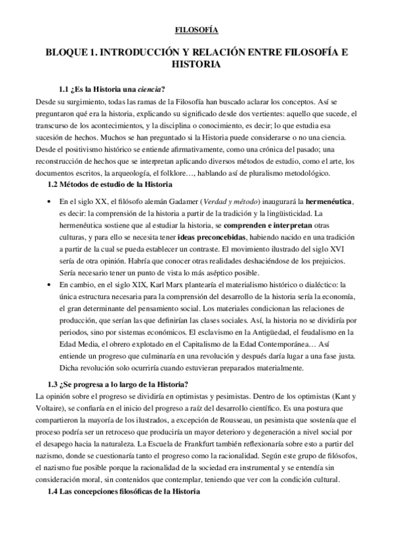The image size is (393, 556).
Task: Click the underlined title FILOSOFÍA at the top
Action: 197,30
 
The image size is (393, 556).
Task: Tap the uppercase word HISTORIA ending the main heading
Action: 196,66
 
